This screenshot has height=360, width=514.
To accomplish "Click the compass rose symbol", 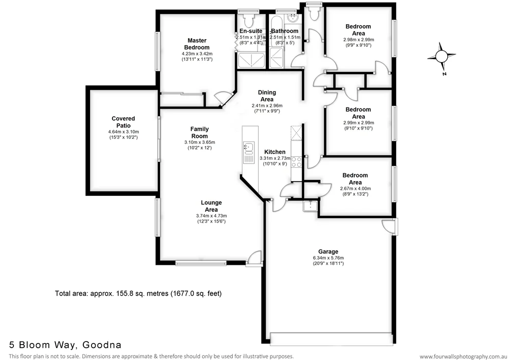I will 442,57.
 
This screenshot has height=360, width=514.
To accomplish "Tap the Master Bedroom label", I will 197,44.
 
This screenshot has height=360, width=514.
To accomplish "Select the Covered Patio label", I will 123,122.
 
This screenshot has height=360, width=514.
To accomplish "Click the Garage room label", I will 328,251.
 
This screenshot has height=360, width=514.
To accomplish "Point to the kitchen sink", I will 248,148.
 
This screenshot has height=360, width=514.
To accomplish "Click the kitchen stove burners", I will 297,162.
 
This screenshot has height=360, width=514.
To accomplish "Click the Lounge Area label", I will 211,206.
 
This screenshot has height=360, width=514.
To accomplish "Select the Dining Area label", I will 267,96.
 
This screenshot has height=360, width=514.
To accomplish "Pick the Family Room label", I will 199,132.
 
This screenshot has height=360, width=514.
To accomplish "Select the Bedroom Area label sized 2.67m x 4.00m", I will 355,178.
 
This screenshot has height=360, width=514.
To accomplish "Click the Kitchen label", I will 275,152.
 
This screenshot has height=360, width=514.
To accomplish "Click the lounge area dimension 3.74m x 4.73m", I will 211,215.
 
